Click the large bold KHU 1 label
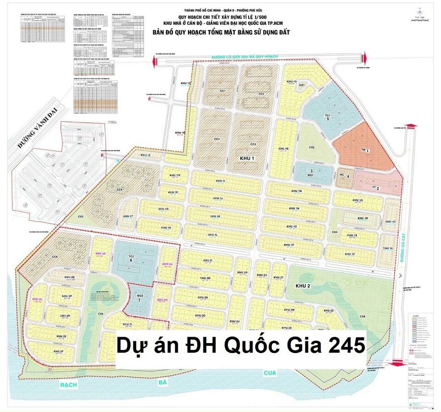click(x=247, y=158)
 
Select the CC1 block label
click(x=222, y=91)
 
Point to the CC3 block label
click(x=253, y=145)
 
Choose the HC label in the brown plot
click(x=341, y=175)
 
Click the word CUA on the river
click(x=269, y=373)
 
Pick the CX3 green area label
click(x=81, y=217)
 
